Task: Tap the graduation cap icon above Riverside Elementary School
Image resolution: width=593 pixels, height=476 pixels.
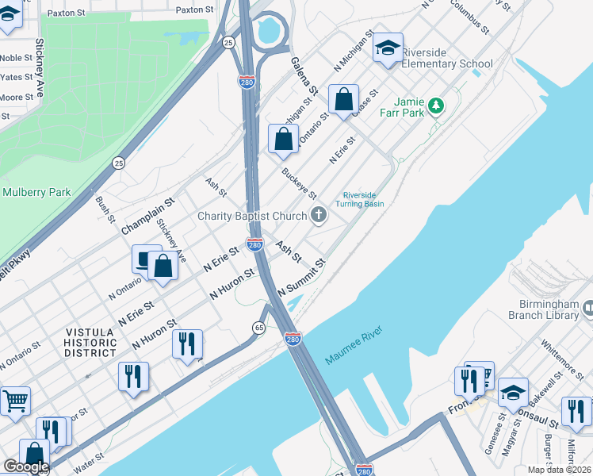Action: (388, 48)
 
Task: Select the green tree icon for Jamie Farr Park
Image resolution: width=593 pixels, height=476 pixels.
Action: (434, 106)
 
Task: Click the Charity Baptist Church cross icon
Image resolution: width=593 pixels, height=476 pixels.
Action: (319, 214)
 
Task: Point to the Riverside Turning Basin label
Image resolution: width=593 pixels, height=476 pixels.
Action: (363, 199)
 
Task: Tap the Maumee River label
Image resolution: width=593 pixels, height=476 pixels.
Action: (354, 346)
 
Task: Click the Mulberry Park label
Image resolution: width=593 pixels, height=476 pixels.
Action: (36, 192)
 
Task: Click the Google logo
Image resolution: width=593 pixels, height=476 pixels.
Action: (25, 466)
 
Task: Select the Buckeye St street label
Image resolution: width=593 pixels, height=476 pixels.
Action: (299, 183)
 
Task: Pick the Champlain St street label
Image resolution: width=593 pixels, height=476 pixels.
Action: (147, 216)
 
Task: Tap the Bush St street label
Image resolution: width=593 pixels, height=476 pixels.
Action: (105, 208)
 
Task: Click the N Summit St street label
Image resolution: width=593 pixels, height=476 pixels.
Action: (302, 274)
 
